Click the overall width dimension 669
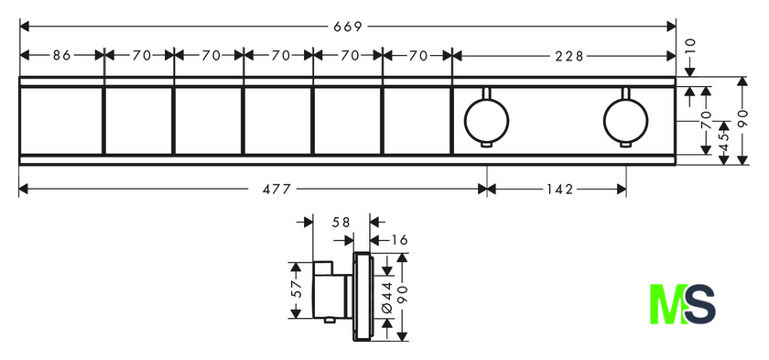(348, 27)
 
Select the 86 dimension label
(62, 56)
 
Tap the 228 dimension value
(569, 57)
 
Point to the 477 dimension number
(276, 190)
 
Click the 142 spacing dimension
(558, 190)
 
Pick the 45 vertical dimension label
(724, 142)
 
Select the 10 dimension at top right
(690, 46)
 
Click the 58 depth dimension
(341, 223)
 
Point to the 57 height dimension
(296, 289)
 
